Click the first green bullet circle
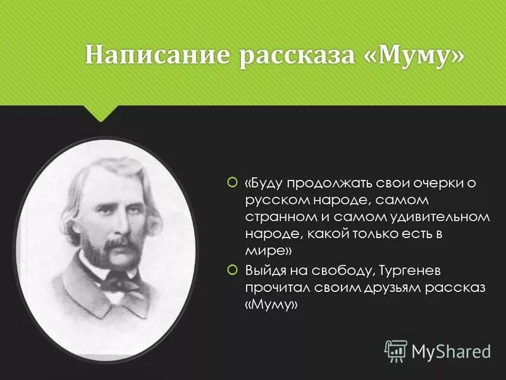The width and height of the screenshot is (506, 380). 231,184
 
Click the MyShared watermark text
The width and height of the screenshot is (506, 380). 452,351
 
